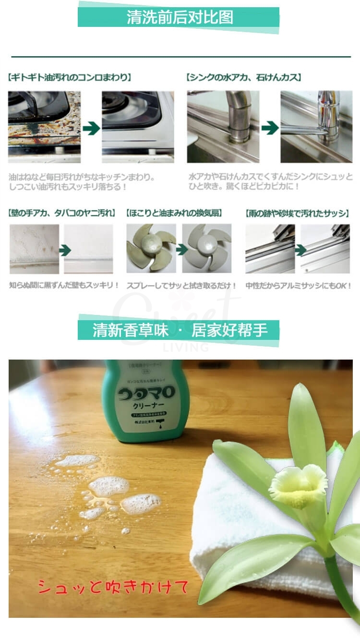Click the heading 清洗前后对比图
tap(180, 17)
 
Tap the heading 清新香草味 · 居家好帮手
tap(180, 330)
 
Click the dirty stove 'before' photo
tap(44, 127)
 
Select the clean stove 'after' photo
tap(138, 127)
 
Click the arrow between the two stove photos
tap(91, 128)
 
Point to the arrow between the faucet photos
tap(270, 128)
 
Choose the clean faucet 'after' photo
tap(316, 127)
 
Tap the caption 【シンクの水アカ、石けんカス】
tap(243, 77)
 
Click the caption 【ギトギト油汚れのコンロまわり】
tap(70, 77)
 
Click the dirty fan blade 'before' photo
tap(151, 248)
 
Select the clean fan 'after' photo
tap(207, 248)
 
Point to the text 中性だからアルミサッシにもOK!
tap(298, 286)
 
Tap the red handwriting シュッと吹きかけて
tap(113, 587)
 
